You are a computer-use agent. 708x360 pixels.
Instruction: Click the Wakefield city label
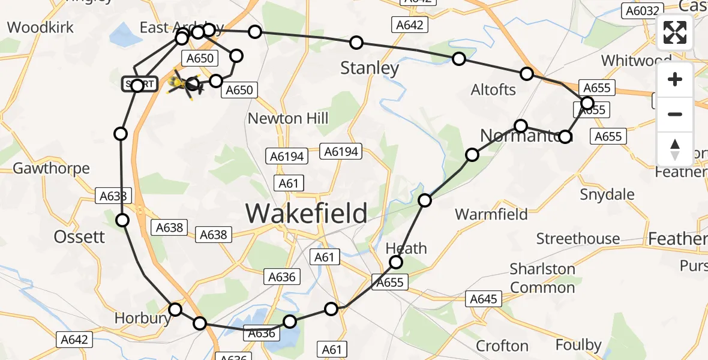[x=307, y=213]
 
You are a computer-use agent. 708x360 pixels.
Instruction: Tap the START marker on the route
[x=139, y=85]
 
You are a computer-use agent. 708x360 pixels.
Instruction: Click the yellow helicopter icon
[x=182, y=84]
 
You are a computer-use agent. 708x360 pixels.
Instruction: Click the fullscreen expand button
[x=675, y=33]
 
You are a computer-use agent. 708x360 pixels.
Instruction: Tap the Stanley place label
[x=370, y=68]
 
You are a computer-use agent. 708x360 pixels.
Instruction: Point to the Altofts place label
[x=493, y=90]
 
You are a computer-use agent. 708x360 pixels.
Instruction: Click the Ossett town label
[x=79, y=237]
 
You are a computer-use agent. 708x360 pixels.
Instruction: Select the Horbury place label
[x=143, y=318]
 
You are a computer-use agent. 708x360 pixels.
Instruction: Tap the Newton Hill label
[x=288, y=119]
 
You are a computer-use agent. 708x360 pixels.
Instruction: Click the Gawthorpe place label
[x=51, y=169]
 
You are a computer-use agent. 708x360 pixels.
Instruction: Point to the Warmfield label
[x=491, y=214]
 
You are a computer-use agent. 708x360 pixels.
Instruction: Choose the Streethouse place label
[x=578, y=239]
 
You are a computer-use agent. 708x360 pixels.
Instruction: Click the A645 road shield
[x=484, y=299]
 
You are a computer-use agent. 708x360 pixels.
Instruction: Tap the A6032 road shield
[x=643, y=11]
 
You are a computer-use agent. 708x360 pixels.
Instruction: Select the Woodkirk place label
[x=41, y=27]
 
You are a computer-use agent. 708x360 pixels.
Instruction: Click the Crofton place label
[x=502, y=346]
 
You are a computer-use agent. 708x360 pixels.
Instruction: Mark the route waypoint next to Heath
[x=396, y=262]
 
